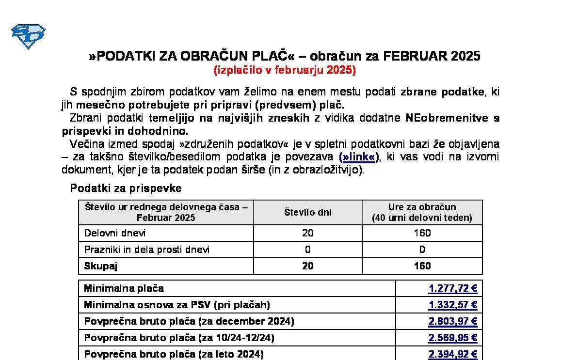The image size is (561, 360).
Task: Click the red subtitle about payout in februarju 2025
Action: (285, 70)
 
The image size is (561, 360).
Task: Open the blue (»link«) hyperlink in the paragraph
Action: (358, 157)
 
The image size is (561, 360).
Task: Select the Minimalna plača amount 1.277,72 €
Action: (453, 289)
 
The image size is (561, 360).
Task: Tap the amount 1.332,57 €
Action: (453, 305)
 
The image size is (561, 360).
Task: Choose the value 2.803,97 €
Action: (453, 322)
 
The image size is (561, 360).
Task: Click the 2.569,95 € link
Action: (453, 338)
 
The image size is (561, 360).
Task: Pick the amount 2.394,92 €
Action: (453, 355)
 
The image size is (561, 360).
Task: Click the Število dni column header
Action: (307, 212)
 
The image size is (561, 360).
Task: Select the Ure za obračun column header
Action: (422, 212)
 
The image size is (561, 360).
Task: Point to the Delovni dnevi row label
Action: (115, 233)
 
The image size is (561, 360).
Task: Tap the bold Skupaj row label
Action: (101, 266)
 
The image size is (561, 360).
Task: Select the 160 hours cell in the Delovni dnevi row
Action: (422, 233)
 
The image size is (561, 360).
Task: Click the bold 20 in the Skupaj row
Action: (307, 266)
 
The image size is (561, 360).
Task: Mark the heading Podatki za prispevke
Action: (126, 188)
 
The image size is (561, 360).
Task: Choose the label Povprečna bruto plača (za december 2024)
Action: (189, 322)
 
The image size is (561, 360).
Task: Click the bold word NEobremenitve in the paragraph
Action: (446, 118)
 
